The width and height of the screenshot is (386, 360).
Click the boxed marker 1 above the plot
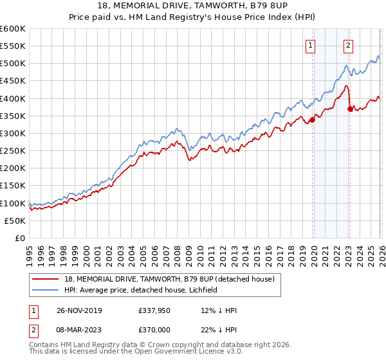coord(311,45)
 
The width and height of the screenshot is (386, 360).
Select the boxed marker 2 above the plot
coord(348,45)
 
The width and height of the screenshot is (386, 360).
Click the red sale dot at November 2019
coord(312,120)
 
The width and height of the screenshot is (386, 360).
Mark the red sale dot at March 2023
coord(350,109)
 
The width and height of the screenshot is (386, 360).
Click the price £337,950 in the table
coord(156,310)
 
